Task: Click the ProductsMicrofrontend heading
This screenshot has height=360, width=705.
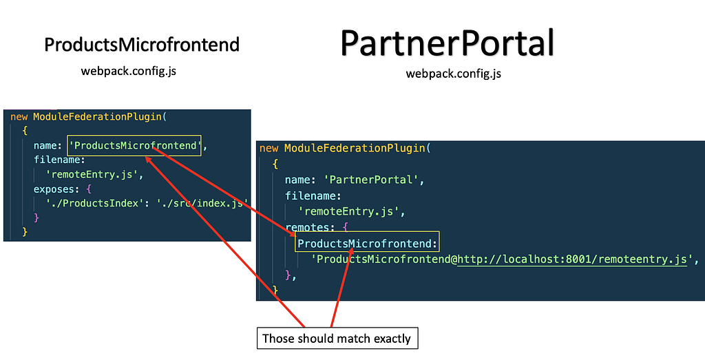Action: (142, 45)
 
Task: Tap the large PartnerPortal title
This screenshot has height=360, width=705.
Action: (448, 43)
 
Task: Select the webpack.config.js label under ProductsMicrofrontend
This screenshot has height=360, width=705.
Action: (129, 71)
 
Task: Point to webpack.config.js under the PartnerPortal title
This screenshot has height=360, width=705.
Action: (453, 73)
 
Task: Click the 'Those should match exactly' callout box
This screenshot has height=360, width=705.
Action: (337, 338)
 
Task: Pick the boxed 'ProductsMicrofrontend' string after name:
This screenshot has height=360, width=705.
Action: (134, 146)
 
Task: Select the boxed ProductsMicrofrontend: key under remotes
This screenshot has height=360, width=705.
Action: (367, 244)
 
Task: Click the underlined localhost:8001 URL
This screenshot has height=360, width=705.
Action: (572, 260)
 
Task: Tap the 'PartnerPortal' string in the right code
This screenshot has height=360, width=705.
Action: (371, 180)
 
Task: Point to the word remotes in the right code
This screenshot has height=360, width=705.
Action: (308, 227)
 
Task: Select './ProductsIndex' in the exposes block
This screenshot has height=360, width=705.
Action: (92, 203)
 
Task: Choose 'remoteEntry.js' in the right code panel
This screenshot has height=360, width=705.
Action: (349, 211)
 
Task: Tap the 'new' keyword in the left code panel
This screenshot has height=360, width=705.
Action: (19, 117)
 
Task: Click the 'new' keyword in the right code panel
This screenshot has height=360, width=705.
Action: (269, 148)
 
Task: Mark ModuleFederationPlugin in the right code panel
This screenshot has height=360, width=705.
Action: (355, 148)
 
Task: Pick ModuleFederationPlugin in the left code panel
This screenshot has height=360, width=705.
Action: (97, 116)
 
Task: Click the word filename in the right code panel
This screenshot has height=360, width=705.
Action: (311, 195)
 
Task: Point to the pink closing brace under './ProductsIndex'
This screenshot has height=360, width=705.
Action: (36, 218)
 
